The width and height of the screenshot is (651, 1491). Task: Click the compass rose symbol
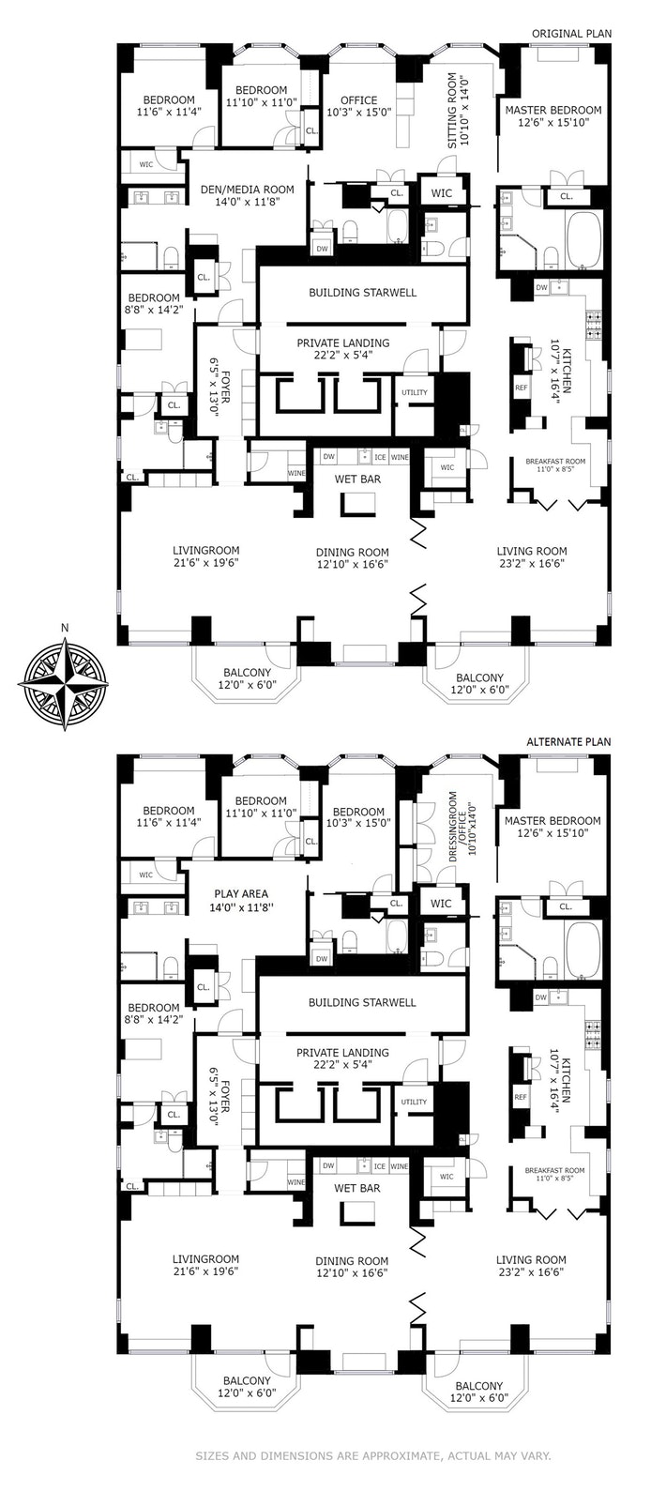(64, 683)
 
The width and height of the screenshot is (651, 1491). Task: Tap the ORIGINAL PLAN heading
(571, 34)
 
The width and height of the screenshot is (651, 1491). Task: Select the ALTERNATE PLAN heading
(568, 742)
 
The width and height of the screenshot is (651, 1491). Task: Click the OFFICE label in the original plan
(358, 100)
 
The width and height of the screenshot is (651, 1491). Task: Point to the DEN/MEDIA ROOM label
(248, 190)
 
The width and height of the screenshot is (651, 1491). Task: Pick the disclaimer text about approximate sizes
(371, 1455)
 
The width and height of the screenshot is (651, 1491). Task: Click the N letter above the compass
(64, 629)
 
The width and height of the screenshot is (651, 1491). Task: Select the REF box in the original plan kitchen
(522, 388)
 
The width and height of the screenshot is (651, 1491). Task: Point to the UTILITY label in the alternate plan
(414, 1102)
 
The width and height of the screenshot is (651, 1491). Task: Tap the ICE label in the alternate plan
(379, 1166)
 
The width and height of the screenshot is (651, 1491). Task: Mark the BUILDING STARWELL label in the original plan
(362, 293)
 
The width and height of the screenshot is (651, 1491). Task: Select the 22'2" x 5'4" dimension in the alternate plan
(342, 1066)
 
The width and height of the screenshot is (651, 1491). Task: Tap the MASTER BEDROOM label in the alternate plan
(553, 821)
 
